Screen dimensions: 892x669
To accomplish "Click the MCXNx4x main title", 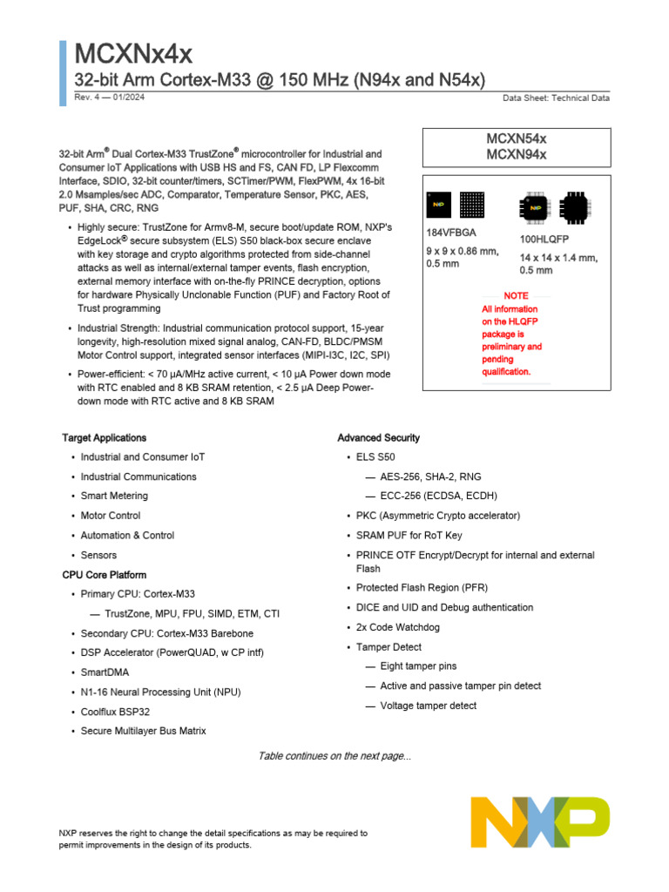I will click(133, 55).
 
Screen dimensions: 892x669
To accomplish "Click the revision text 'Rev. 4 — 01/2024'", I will click(110, 97).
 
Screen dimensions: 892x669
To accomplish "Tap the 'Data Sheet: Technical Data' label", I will click(556, 98).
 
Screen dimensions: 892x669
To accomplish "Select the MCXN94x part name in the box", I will click(516, 154).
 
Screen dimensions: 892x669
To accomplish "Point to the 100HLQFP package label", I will click(544, 239).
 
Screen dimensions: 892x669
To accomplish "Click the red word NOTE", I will click(516, 296).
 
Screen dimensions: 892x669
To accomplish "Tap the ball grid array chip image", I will click(472, 206).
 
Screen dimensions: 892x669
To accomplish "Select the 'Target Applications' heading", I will click(104, 438).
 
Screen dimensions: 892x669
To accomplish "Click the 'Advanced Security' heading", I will click(378, 438).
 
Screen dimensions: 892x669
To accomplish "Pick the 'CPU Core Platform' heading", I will click(104, 575).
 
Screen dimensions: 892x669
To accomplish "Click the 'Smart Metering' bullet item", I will click(114, 496).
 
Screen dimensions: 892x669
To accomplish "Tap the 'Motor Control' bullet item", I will click(111, 516).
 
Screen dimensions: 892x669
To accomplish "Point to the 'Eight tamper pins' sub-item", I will click(418, 666).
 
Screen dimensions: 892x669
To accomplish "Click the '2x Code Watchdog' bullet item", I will click(397, 627).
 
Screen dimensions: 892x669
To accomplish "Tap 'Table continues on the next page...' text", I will click(334, 756).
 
